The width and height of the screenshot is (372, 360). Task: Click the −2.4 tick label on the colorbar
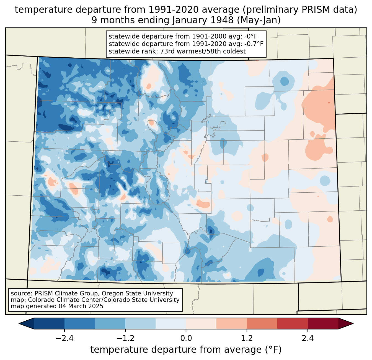(64, 338)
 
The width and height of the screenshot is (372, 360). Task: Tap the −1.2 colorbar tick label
(125, 338)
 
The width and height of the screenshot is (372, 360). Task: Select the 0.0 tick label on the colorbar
(186, 338)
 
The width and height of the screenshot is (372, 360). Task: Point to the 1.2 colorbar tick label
(247, 338)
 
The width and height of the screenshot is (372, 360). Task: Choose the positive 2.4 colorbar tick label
(308, 338)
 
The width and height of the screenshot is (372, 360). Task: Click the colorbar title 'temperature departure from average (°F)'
(186, 350)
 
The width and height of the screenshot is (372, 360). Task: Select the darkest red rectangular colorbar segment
(323, 323)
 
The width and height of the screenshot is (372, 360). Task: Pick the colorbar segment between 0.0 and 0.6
(201, 323)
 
